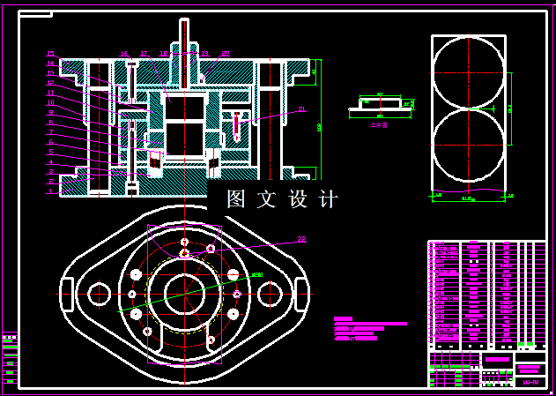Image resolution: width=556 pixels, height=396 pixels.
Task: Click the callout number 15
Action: point(50,54)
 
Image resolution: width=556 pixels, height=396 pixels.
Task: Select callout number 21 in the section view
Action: point(301,109)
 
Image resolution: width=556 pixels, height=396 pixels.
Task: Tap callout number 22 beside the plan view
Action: point(301,238)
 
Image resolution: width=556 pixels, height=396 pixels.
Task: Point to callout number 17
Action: point(144,54)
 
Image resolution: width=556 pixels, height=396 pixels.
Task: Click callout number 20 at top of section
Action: point(226,54)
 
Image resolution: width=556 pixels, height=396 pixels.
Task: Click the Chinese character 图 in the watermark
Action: point(235,199)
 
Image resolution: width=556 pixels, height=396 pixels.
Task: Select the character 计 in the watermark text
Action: point(328,199)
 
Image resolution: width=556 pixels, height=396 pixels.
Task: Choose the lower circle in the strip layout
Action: point(469,146)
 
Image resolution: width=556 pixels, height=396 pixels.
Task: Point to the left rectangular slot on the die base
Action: point(67,292)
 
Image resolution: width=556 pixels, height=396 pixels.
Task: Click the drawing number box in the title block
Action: point(530,382)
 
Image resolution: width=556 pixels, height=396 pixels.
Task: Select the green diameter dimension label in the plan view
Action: point(256,275)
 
